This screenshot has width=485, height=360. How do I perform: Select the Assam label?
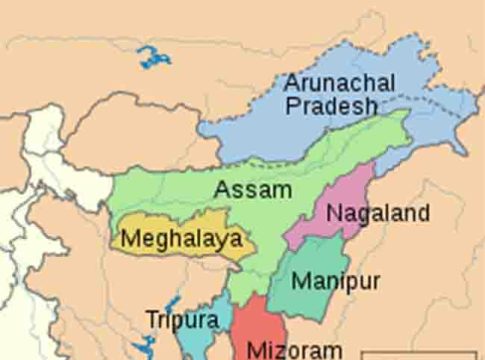[x=253, y=189]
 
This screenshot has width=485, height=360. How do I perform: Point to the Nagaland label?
[x=378, y=213]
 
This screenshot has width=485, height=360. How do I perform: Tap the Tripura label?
[x=181, y=320]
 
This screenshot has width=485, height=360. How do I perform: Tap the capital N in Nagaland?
[x=334, y=213]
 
